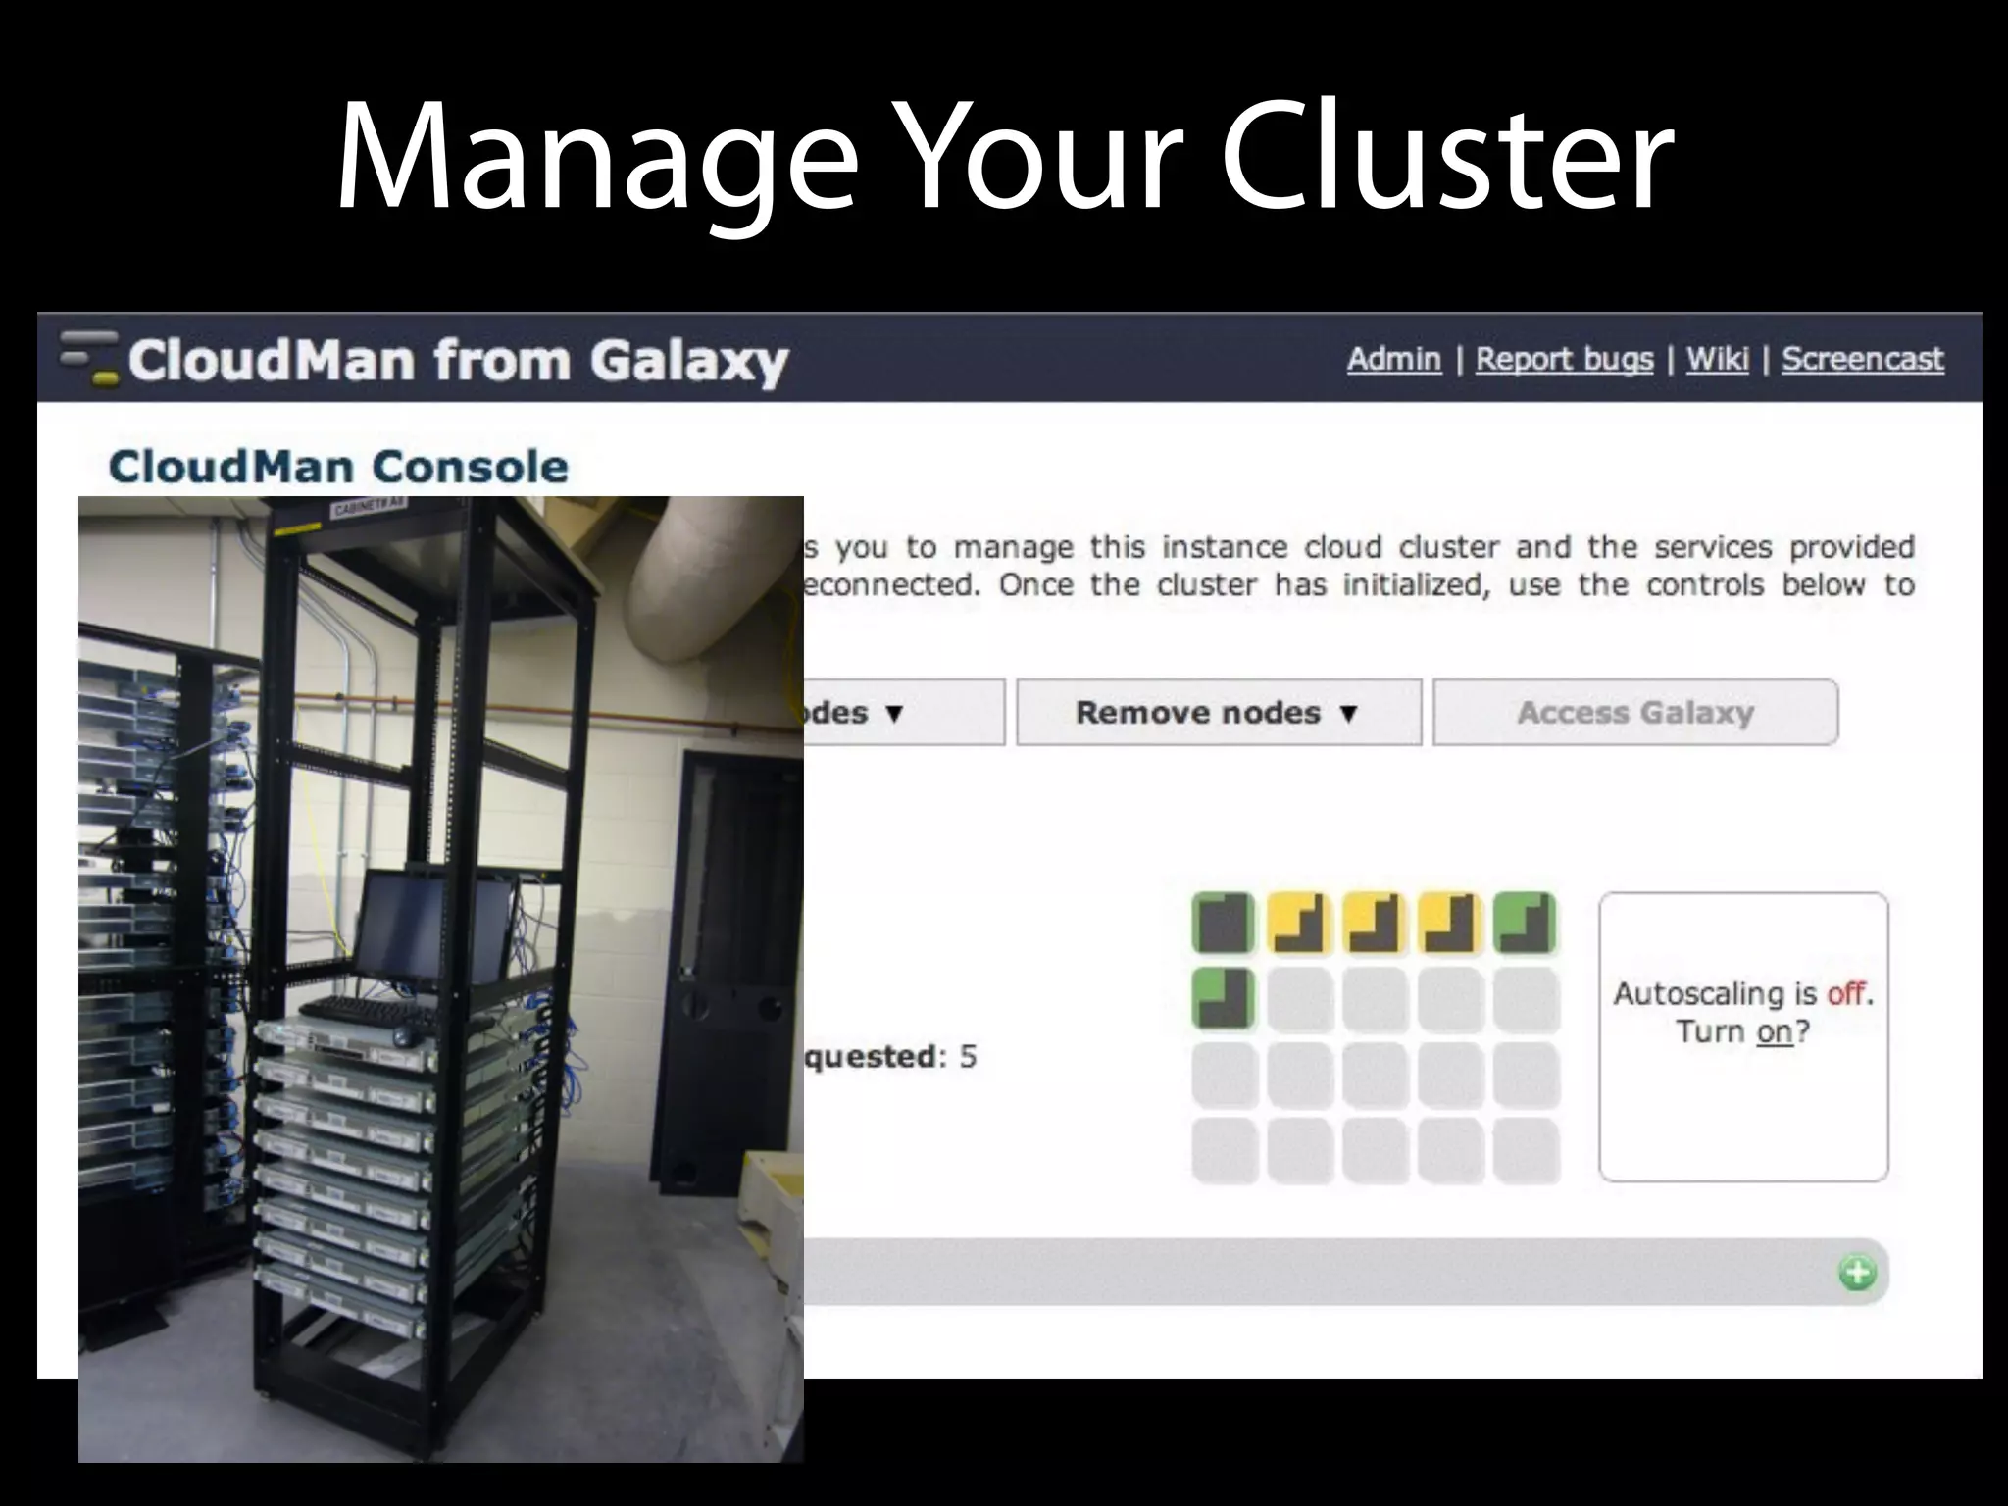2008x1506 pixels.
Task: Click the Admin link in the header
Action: (x=1393, y=359)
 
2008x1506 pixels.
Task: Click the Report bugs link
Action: (x=1564, y=359)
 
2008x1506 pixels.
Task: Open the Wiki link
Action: (x=1717, y=359)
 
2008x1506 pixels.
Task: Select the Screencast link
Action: (x=1862, y=359)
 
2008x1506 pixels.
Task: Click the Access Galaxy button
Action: (x=1634, y=713)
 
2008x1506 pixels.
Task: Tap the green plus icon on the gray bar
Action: (x=1856, y=1274)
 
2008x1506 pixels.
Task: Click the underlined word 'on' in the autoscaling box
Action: (x=1774, y=1031)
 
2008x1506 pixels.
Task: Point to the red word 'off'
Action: (x=1846, y=993)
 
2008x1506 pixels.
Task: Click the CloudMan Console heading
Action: (x=338, y=467)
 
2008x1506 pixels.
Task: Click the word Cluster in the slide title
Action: (x=1446, y=157)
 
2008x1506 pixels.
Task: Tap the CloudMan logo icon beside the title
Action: (x=90, y=358)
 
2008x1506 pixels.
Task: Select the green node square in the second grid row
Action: (x=1223, y=999)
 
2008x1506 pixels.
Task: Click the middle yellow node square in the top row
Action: (x=1374, y=924)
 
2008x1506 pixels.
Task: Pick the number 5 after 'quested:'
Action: (x=968, y=1056)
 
